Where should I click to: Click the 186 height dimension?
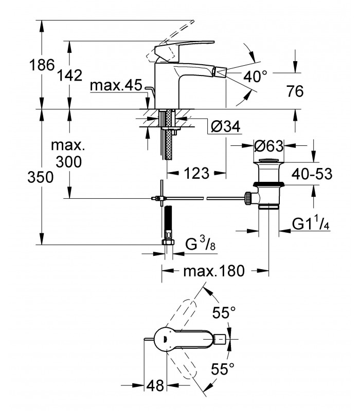[42, 65]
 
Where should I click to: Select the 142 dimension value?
[69, 75]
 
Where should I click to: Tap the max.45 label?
[116, 85]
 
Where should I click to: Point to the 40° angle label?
[255, 76]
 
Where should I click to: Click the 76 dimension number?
[295, 91]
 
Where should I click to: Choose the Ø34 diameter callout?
[225, 127]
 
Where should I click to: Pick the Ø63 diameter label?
[268, 146]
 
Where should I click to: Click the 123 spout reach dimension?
[196, 173]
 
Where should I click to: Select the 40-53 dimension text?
[312, 174]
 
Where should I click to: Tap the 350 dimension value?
[41, 177]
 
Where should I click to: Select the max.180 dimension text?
[214, 271]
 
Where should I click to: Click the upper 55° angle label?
[224, 312]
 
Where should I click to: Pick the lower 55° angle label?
[223, 369]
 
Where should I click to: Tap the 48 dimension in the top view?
[155, 385]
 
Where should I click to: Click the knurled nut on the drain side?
[248, 198]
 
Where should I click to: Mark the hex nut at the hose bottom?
[168, 241]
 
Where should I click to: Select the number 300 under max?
[69, 162]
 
